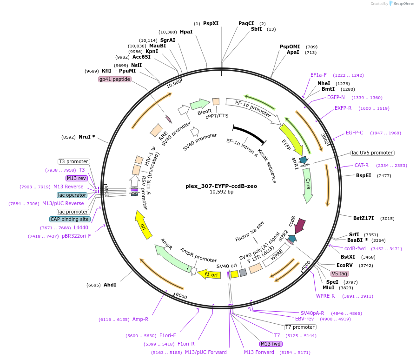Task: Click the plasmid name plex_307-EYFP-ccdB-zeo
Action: pos(221,186)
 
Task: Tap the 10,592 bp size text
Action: pos(221,192)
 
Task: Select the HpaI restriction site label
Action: pos(186,32)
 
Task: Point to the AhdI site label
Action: pos(110,285)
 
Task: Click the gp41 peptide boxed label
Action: pos(115,79)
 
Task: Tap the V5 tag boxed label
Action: pos(339,273)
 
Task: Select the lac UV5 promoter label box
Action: pos(372,153)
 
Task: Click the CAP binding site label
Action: pos(70,219)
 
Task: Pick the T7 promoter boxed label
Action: pos(300,327)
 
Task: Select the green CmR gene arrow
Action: pos(308,186)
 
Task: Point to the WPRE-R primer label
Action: pos(325,296)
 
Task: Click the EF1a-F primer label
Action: pos(318,75)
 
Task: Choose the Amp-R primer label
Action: pos(140,319)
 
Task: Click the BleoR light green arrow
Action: pos(200,105)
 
